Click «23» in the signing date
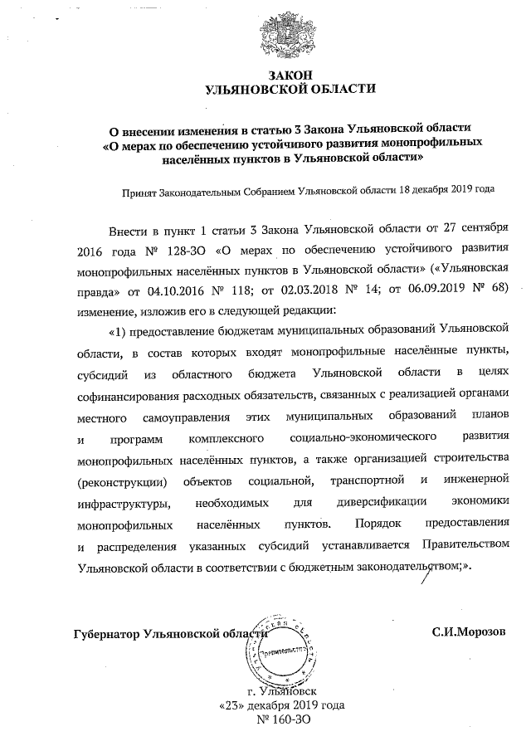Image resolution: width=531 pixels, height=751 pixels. [x=230, y=706]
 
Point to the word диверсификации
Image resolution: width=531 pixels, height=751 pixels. [x=382, y=503]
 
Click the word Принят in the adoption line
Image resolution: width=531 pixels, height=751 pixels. [x=141, y=189]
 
